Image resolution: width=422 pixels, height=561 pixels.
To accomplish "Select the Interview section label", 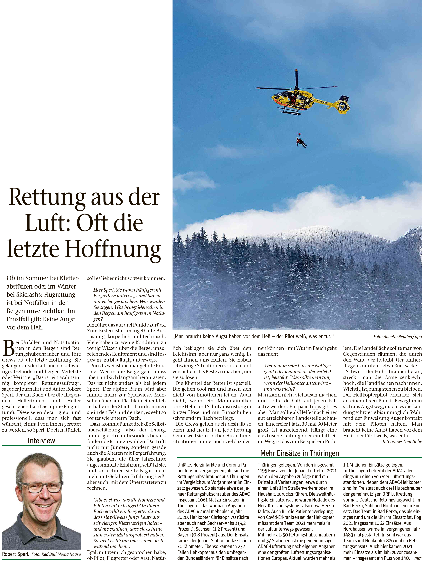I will [41, 440].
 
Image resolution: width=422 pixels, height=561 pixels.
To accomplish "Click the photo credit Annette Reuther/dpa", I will [397, 337].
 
